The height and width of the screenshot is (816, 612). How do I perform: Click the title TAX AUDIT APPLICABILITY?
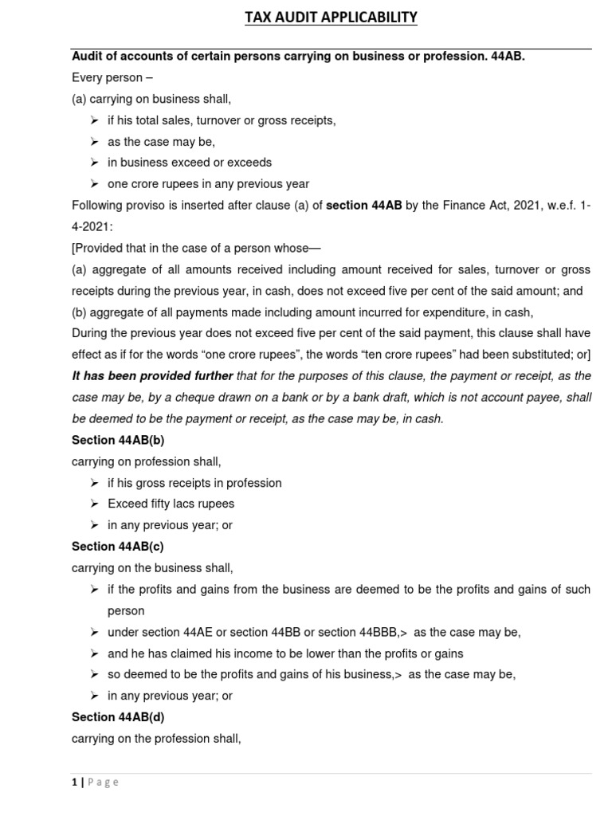(331, 17)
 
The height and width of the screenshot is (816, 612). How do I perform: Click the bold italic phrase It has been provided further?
(152, 376)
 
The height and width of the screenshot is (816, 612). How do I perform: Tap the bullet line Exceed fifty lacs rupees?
(171, 504)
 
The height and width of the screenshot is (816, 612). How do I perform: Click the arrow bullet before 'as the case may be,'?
(94, 142)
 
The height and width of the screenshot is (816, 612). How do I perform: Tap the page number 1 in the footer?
(73, 782)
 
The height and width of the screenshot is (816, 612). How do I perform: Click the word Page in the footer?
(103, 782)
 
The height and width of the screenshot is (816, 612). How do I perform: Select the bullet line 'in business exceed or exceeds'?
(190, 163)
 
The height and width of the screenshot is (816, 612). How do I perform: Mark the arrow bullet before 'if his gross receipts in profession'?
(94, 483)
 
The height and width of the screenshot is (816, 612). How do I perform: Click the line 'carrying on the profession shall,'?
(156, 739)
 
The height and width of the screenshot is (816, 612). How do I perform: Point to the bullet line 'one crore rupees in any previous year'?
(208, 184)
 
